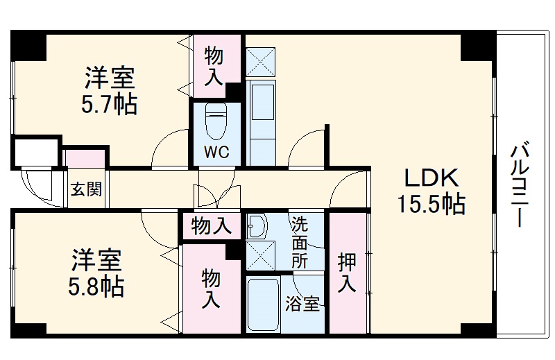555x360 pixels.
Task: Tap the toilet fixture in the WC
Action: (x=216, y=123)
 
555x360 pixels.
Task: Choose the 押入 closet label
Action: (x=347, y=273)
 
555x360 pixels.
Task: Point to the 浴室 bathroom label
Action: (x=303, y=304)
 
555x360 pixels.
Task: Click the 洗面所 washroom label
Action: (x=299, y=242)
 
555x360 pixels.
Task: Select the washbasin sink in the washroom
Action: (x=256, y=226)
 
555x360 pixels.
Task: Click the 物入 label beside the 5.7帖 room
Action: (x=213, y=66)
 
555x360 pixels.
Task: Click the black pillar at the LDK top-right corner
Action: (x=478, y=46)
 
